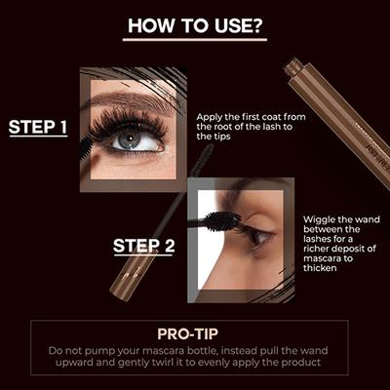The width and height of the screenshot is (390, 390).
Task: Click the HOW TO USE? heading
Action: pyautogui.click(x=195, y=25)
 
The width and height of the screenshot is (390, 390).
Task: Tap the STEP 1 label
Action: pyautogui.click(x=38, y=127)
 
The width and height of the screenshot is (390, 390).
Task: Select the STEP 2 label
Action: pyautogui.click(x=143, y=246)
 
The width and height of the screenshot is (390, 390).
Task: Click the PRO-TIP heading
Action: pyautogui.click(x=195, y=332)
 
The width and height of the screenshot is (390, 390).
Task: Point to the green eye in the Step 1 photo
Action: pyautogui.click(x=130, y=140)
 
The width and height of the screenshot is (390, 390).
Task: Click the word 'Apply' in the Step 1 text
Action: pyautogui.click(x=211, y=114)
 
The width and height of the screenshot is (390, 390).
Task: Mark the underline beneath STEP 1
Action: pyautogui.click(x=38, y=138)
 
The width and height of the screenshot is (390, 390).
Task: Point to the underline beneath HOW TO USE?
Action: pyautogui.click(x=195, y=40)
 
